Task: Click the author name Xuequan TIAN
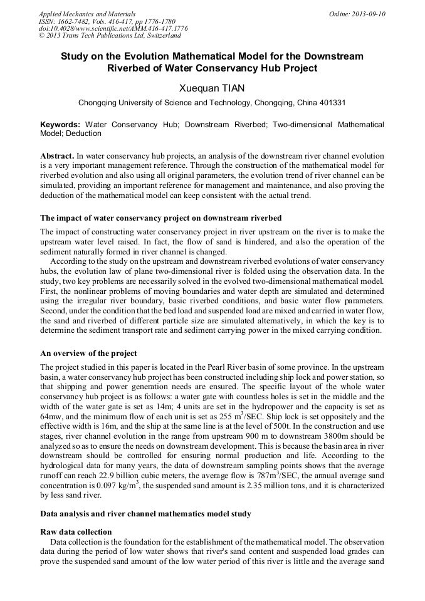point(212,88)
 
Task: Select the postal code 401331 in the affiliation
point(331,103)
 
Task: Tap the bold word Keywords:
point(60,125)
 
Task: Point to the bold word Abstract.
point(57,154)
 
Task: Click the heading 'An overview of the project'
point(88,353)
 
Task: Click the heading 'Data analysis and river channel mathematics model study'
point(145,514)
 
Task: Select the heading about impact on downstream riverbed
point(160,218)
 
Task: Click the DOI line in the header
point(113,29)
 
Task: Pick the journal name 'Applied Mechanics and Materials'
point(87,14)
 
